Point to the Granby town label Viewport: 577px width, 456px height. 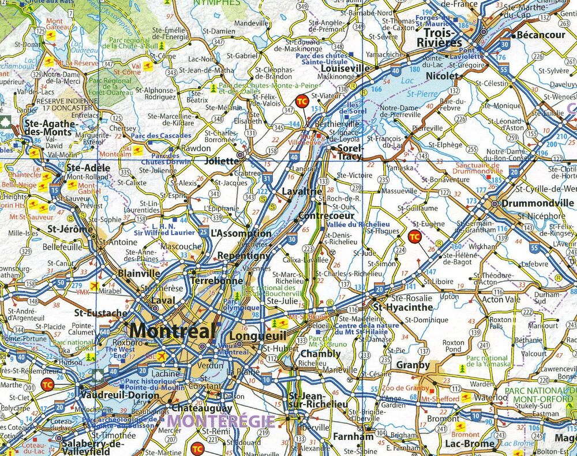[x=413, y=365]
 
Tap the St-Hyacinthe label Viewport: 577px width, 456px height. [x=402, y=307]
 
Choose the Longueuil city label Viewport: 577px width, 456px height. [x=250, y=336]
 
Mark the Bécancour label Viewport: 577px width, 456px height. [x=541, y=35]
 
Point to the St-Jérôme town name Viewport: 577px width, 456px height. [x=69, y=229]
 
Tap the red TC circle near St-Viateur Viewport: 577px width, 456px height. [x=301, y=101]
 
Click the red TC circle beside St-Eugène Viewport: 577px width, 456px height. [x=414, y=236]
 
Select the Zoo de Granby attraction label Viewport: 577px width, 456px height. [x=405, y=388]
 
